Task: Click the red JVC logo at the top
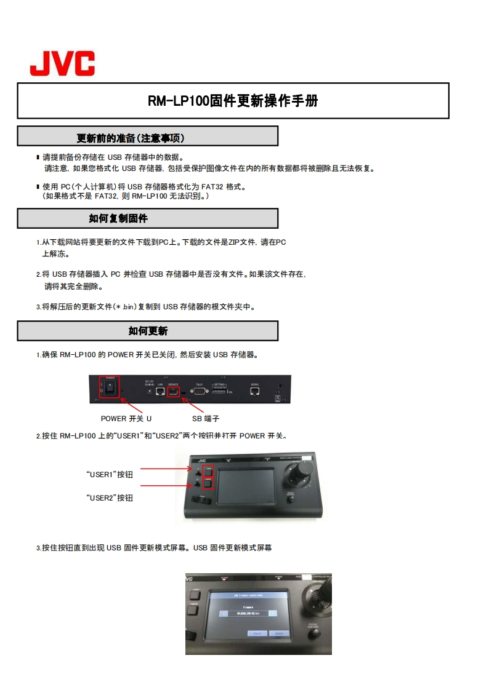click(63, 64)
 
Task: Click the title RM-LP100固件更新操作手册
click(233, 101)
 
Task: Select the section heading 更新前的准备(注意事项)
click(131, 137)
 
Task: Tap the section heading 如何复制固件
click(118, 218)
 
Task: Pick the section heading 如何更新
click(148, 331)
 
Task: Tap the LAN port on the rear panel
click(160, 391)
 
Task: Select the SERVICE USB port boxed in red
click(174, 391)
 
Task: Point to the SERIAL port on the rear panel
click(255, 391)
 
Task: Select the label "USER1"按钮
click(110, 475)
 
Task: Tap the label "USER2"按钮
click(110, 498)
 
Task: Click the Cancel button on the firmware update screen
click(256, 633)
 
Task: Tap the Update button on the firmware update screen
click(279, 633)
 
